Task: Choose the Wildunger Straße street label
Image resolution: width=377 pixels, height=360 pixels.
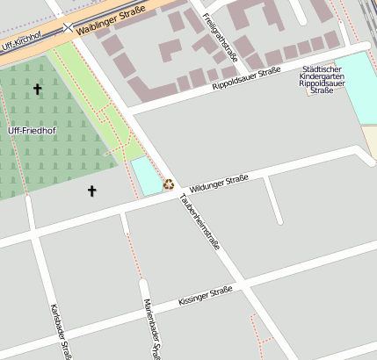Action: (219, 184)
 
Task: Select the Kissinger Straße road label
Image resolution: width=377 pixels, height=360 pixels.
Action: (205, 294)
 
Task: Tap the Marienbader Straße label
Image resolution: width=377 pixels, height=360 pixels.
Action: (150, 328)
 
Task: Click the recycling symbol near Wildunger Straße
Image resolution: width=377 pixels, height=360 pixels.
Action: (168, 184)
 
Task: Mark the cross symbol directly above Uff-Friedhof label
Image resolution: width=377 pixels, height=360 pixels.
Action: (37, 89)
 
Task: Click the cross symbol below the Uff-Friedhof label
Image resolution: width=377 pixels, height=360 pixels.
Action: (91, 190)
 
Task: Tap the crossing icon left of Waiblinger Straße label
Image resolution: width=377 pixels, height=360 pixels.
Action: (69, 28)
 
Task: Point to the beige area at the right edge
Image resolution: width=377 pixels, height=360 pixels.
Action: (370, 140)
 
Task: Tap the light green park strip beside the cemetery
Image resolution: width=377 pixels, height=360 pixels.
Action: (97, 97)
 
